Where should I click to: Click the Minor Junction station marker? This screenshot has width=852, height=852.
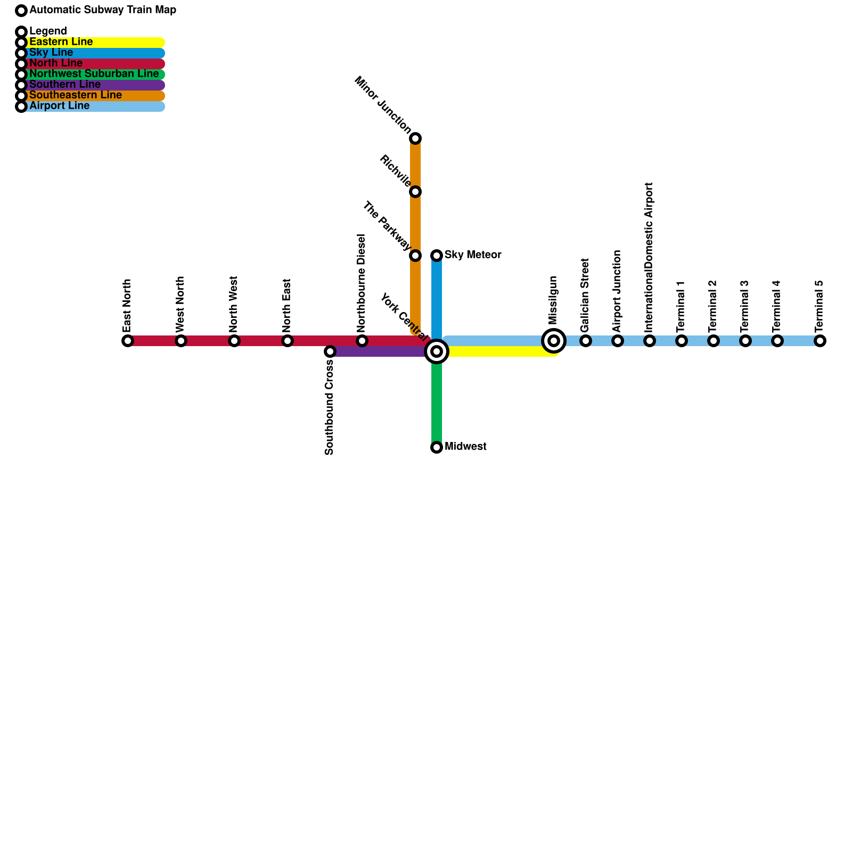point(415,138)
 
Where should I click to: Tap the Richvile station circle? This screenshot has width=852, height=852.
point(415,192)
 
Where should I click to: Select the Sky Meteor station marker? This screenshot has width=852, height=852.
point(437,256)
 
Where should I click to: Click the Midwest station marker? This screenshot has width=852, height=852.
point(437,447)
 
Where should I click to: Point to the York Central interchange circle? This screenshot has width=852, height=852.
point(437,351)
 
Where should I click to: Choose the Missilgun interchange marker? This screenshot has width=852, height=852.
point(554,341)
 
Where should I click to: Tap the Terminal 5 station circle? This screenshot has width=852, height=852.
point(820,341)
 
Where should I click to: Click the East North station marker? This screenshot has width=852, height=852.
point(128,341)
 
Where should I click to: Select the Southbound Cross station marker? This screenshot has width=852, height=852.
point(330,351)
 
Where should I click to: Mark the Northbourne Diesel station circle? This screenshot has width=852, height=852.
point(362,341)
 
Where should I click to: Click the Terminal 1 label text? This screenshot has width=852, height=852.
point(681,307)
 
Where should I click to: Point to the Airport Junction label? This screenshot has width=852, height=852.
point(617,291)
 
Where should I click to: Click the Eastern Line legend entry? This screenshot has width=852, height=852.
point(61,42)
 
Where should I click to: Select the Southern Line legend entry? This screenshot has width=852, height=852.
point(65,85)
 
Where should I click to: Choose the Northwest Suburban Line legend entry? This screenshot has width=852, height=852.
point(94,74)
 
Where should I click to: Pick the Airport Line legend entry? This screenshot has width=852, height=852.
point(60,106)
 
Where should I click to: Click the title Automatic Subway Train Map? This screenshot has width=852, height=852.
point(103,10)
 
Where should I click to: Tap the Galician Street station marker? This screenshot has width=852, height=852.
point(586,341)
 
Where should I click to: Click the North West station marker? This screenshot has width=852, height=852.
point(234,341)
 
